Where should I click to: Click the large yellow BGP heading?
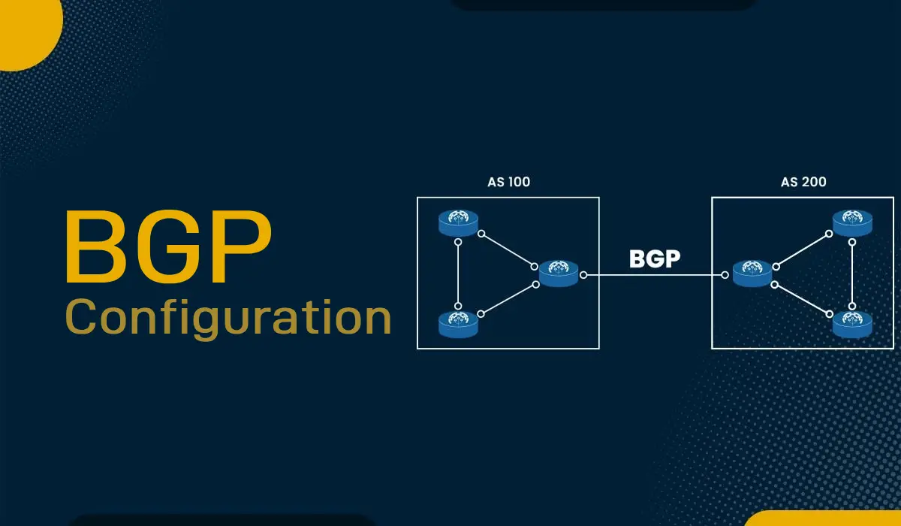pyautogui.click(x=167, y=248)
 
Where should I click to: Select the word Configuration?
pyautogui.click(x=228, y=318)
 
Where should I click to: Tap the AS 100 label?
pyautogui.click(x=508, y=182)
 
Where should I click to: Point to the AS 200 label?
pyautogui.click(x=803, y=182)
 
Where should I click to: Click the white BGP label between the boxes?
pyautogui.click(x=655, y=258)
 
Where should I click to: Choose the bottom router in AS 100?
pyautogui.click(x=459, y=323)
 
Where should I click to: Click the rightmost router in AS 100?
pyautogui.click(x=559, y=273)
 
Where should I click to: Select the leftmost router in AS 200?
pyautogui.click(x=752, y=273)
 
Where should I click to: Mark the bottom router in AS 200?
pyautogui.click(x=852, y=323)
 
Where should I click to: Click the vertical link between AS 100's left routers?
pyautogui.click(x=458, y=274)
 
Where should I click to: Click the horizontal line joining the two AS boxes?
pyautogui.click(x=653, y=276)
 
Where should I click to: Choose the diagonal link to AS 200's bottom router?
pyautogui.click(x=802, y=298)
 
